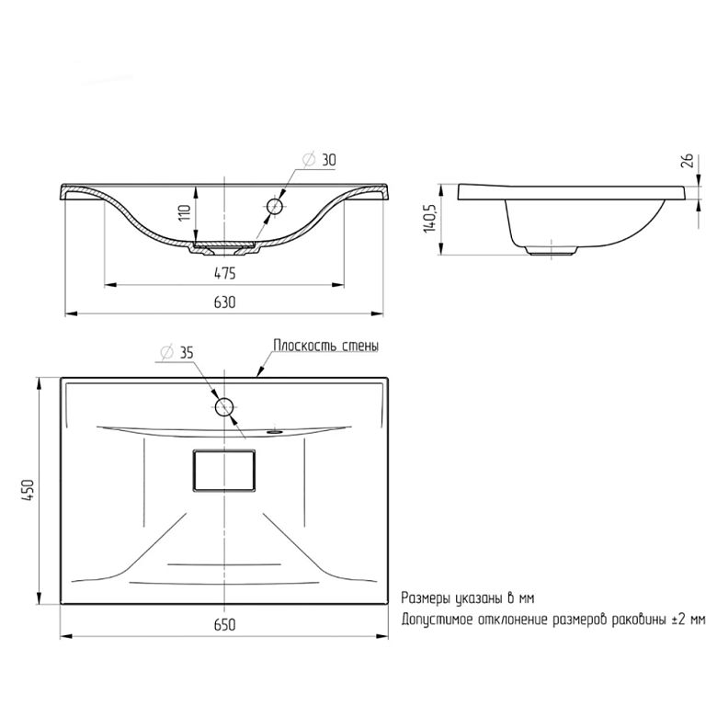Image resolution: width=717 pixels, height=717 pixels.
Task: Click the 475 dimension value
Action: pos(225,273)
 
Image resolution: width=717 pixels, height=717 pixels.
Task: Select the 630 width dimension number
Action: pos(225,302)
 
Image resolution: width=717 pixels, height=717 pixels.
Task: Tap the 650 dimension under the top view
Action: pos(225,625)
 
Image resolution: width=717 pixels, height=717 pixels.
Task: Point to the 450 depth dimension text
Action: pos(28,491)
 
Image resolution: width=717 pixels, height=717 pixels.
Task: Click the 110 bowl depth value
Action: pos(185,213)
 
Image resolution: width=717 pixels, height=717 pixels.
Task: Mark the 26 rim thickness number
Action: pos(688,161)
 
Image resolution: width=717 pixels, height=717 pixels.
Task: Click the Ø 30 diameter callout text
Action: pos(319,160)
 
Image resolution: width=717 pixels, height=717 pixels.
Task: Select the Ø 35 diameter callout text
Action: pos(176,353)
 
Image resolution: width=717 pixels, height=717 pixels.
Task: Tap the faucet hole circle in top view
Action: pos(224,406)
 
